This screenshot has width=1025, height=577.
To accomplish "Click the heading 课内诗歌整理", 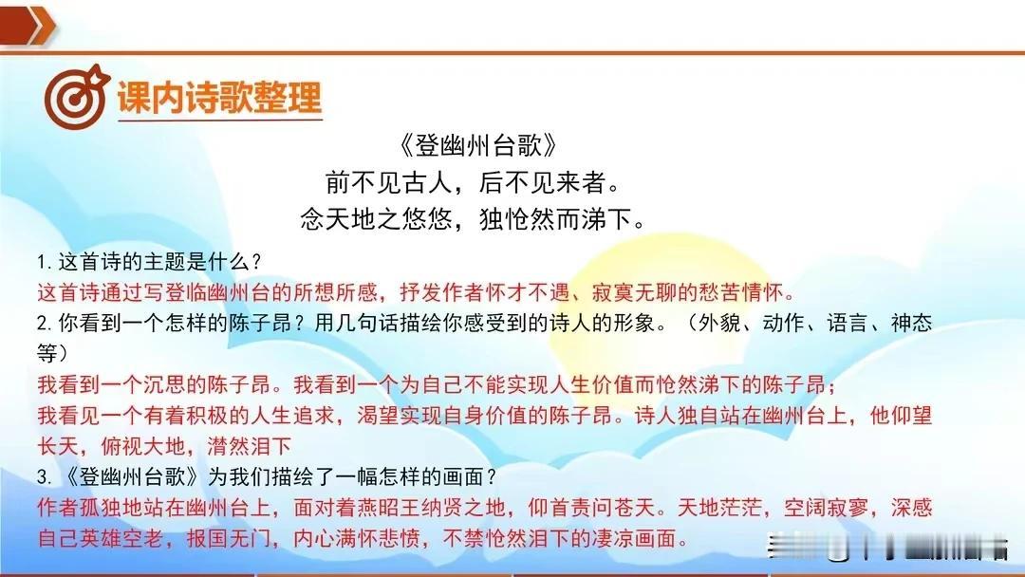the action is point(219,98).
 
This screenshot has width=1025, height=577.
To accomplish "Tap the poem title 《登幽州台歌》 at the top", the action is point(477,146).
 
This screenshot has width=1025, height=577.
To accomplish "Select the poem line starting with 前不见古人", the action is point(473,182).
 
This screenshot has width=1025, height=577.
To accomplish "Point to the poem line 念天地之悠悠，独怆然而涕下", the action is point(473,219).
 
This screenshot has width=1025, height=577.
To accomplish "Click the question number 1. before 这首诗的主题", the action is point(45,263).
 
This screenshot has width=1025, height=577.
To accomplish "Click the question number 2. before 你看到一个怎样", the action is point(45,323).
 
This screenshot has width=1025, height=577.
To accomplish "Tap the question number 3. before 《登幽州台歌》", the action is point(45,477).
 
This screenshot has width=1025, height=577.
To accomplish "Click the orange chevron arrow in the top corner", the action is point(28,26).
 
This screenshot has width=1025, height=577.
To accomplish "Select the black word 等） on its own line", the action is point(53,354).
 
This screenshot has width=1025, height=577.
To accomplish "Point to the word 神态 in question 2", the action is point(911,323).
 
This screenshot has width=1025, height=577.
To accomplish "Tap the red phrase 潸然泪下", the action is point(249,446).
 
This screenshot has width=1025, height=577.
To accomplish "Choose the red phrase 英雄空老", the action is point(121,538).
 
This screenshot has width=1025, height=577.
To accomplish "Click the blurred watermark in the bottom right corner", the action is point(887,547).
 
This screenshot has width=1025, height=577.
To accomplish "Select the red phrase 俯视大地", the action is point(143,446).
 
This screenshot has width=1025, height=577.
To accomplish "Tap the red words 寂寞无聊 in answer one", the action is point(634,292).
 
